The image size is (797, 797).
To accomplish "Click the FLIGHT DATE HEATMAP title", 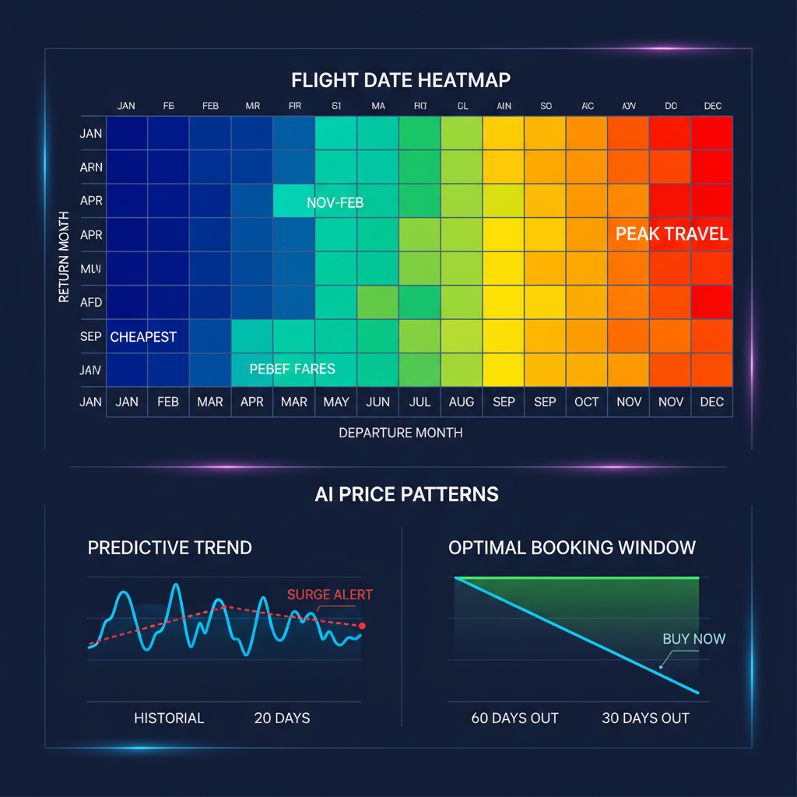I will [401, 80].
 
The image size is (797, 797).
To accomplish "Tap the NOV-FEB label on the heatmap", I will [335, 203].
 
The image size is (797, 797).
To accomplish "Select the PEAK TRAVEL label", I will [672, 233].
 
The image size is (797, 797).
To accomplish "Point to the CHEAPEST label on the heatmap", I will [143, 337].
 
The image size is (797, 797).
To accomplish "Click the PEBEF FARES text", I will [292, 369].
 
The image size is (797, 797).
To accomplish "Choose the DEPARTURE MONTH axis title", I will [401, 433].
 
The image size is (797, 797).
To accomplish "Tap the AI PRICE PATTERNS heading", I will [406, 494].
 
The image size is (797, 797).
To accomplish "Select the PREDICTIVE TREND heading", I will [170, 547].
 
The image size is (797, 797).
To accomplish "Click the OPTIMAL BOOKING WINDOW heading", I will [572, 547].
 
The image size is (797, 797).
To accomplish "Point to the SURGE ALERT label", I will [330, 595].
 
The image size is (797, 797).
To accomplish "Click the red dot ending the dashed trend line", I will [362, 626].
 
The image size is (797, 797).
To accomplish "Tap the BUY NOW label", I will [693, 639].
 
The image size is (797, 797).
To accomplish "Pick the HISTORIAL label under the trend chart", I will [169, 718].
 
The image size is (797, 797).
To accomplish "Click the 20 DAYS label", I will [282, 718].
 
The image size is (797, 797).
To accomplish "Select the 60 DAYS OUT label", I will [514, 718].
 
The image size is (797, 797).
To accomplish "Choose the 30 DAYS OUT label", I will [645, 718].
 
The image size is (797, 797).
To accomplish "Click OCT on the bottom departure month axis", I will [586, 402].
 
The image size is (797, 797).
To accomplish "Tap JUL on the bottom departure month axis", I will [419, 402].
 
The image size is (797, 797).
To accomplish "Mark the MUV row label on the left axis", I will [91, 269].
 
